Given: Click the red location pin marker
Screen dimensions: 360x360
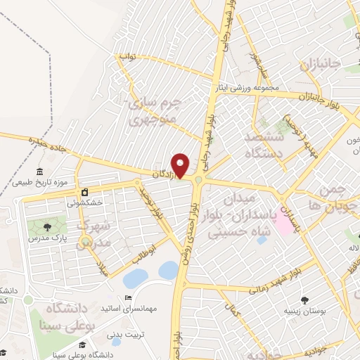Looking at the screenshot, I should coord(181,165).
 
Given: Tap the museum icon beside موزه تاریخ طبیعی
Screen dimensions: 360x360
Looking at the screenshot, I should coord(39,172).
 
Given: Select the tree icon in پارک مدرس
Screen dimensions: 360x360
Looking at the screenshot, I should coord(47,226).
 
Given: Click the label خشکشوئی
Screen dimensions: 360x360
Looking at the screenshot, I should coord(84,202).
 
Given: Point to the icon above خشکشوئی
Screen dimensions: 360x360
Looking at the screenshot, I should coord(84,191).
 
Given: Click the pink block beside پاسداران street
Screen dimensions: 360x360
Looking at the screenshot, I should coord(284,222).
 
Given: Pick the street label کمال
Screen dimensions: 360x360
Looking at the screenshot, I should coord(229,307).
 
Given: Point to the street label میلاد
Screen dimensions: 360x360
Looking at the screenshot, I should coord(103,267).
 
